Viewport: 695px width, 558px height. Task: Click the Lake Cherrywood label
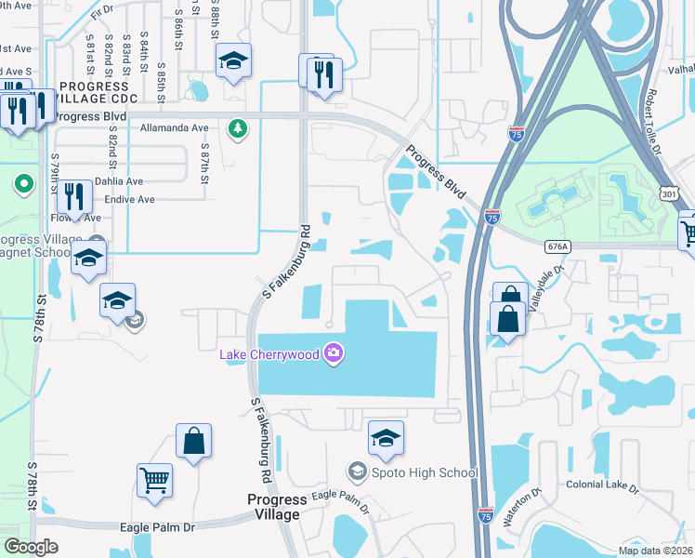pos(269,354)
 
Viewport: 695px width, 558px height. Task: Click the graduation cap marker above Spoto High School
pos(386,437)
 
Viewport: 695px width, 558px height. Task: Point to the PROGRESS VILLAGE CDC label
pos(98,92)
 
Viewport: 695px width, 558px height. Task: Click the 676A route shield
pos(557,246)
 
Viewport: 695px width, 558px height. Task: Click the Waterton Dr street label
pos(520,507)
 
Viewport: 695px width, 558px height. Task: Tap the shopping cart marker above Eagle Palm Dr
pos(154,481)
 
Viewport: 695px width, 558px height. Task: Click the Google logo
pos(32,547)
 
